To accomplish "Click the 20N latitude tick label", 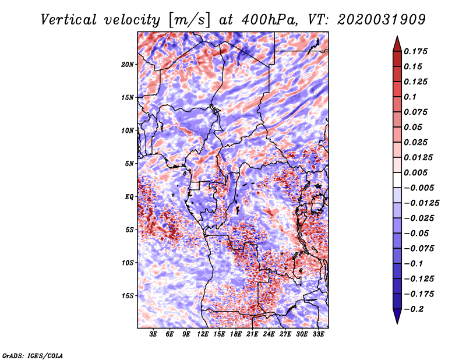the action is coord(128,65).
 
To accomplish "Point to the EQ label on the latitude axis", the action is coord(129,197).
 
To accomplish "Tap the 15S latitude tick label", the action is coord(128,296).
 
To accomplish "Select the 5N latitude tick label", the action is coord(129,164).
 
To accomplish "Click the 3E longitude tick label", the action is coord(153,334).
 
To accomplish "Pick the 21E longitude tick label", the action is coord(252,334).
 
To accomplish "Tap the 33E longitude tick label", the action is coord(318,334).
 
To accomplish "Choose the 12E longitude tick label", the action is coord(202,334).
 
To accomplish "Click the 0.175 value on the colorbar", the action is coord(415,51).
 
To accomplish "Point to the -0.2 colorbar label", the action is coord(413,309).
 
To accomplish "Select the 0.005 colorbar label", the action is coord(415,172).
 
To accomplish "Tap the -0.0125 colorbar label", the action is coord(421,203).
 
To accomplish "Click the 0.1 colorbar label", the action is coord(410,97).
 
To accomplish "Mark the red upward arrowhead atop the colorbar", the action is coord(397,44).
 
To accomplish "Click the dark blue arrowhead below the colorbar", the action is coord(397,316).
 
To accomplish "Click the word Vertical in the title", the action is coord(68,20).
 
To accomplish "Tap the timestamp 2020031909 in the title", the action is coord(382,20).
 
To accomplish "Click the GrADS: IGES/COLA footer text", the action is coord(33,355).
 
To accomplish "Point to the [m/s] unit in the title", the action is coord(189,20).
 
